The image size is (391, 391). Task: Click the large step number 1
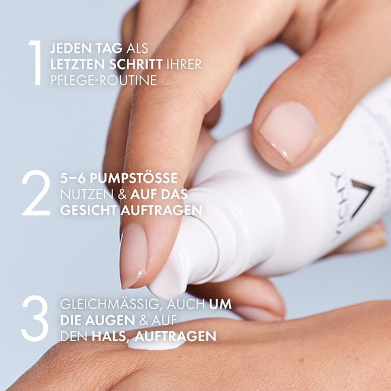36,63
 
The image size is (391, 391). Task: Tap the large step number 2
36,193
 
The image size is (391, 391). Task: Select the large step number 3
35,319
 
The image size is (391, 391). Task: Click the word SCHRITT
136,65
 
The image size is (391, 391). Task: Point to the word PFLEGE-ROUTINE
104,81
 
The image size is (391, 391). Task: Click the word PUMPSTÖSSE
133,178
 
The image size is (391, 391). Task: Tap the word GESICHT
88,210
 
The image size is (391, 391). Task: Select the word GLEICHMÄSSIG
110,305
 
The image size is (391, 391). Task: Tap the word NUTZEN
86,194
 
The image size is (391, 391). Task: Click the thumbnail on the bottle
288,132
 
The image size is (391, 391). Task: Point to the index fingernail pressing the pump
133,255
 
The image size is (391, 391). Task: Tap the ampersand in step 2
122,195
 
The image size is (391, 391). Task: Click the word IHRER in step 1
184,65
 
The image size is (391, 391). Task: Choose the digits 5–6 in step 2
73,178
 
